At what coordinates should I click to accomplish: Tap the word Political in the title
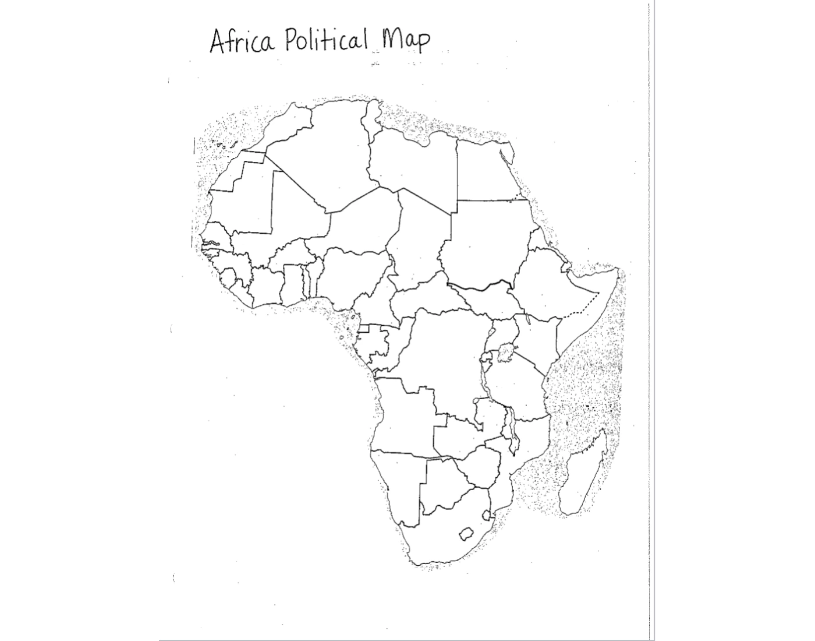[x=327, y=40]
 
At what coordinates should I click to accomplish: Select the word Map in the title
[x=406, y=40]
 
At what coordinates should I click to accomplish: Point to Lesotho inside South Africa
[x=466, y=533]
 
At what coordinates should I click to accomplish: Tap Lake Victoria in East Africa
[x=506, y=353]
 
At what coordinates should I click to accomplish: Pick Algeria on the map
[x=326, y=157]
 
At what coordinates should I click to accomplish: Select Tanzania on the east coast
[x=518, y=390]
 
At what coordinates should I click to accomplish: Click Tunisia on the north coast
[x=370, y=117]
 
